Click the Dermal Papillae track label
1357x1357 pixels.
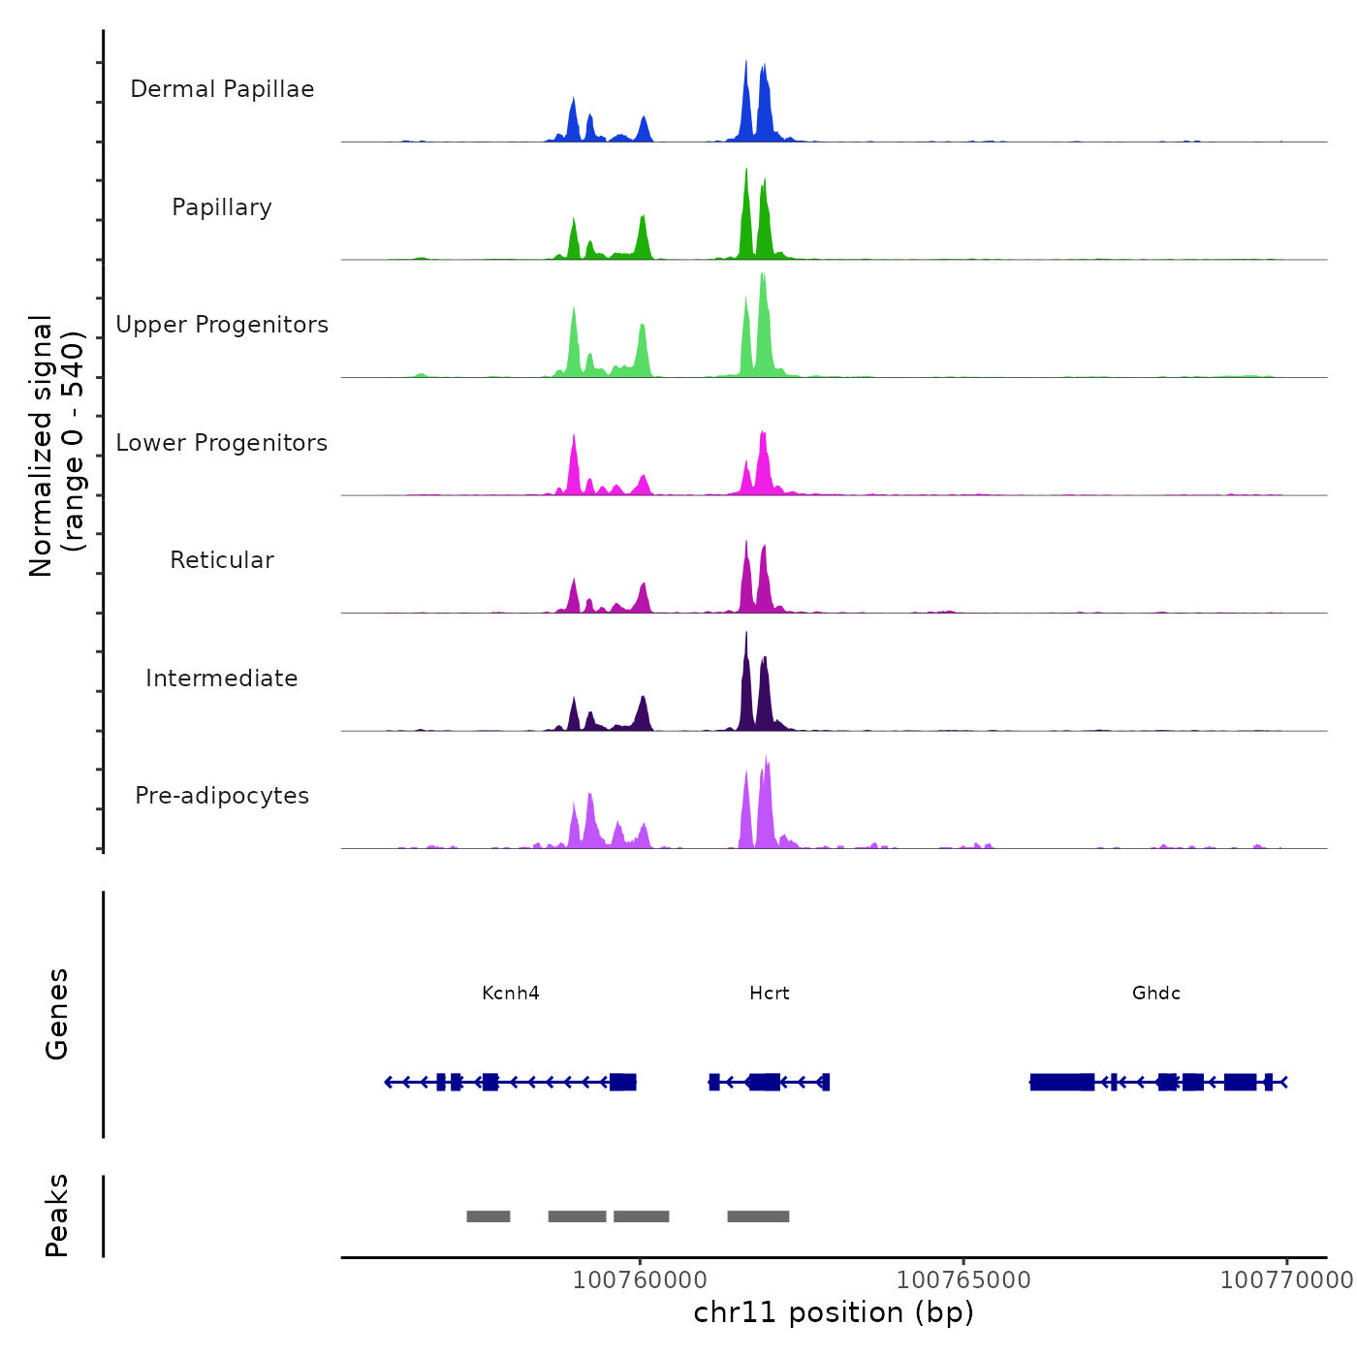pyautogui.click(x=222, y=89)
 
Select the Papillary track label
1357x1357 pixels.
pyautogui.click(x=222, y=207)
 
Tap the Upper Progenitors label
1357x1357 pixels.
pyautogui.click(x=222, y=325)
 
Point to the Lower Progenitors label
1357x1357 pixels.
pyautogui.click(x=222, y=443)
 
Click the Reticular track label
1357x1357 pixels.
pyautogui.click(x=222, y=560)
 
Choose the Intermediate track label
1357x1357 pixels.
pyautogui.click(x=222, y=678)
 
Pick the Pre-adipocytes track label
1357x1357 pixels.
pyautogui.click(x=222, y=796)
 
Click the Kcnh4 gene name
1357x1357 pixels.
pyautogui.click(x=511, y=994)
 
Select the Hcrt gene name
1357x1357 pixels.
pyautogui.click(x=770, y=994)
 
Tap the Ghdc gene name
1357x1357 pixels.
pyautogui.click(x=1156, y=994)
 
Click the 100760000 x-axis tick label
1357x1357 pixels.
pyautogui.click(x=640, y=1280)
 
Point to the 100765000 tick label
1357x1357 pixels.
pyautogui.click(x=963, y=1280)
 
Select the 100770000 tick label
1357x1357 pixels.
pyautogui.click(x=1286, y=1280)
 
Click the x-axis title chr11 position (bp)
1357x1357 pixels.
pyautogui.click(x=834, y=1312)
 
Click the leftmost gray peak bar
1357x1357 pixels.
pyautogui.click(x=489, y=1216)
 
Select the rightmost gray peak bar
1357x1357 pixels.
pyautogui.click(x=758, y=1216)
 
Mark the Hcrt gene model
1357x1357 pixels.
pyautogui.click(x=770, y=1082)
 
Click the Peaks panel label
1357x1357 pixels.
pyautogui.click(x=57, y=1215)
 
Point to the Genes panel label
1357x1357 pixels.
pyautogui.click(x=57, y=1014)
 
